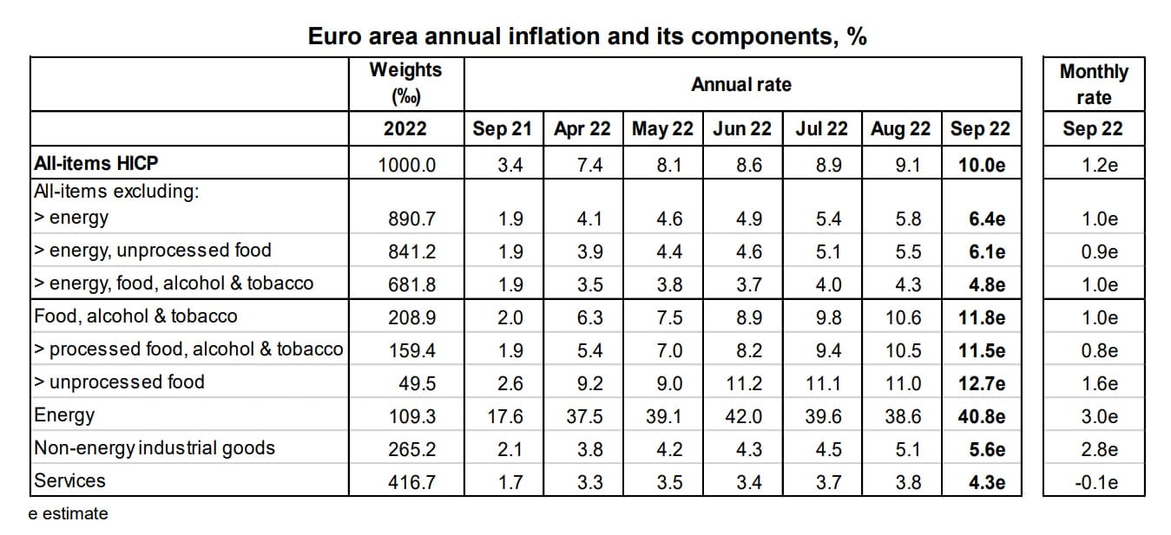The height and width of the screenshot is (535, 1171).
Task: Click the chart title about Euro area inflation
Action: click(x=588, y=37)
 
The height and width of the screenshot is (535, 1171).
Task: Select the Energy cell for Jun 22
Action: click(x=742, y=416)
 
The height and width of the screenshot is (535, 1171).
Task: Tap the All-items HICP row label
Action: click(x=96, y=163)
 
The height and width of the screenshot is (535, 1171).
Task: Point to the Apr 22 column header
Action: click(x=582, y=129)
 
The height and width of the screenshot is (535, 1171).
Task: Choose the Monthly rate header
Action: click(x=1093, y=84)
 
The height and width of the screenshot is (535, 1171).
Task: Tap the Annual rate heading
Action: click(x=741, y=84)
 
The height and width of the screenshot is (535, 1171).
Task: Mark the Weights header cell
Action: click(x=405, y=82)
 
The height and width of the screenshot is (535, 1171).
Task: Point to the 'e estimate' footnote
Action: click(x=69, y=513)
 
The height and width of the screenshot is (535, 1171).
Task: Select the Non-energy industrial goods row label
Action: click(x=155, y=448)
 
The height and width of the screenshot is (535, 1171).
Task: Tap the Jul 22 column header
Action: click(x=821, y=129)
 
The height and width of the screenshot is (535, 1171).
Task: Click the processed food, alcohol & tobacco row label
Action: click(x=188, y=349)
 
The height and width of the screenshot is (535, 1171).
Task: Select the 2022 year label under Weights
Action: click(x=405, y=129)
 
